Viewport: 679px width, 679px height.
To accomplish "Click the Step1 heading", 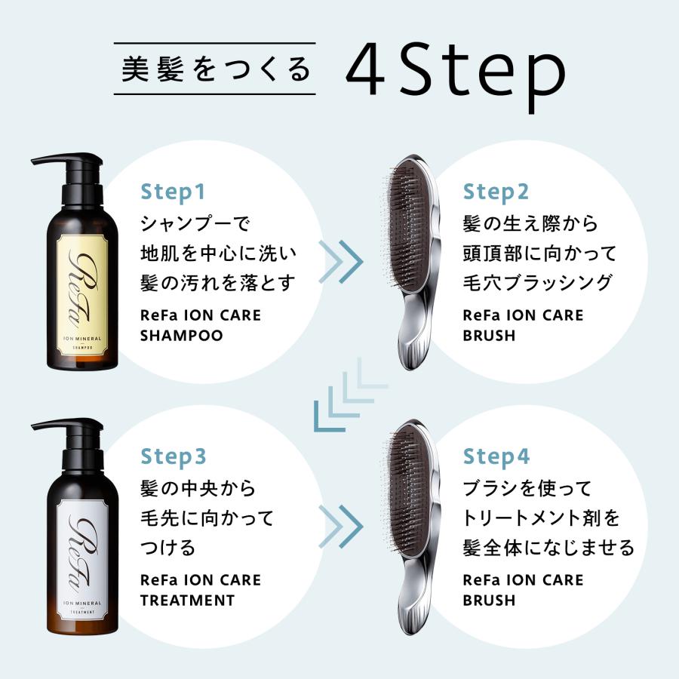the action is [172, 192].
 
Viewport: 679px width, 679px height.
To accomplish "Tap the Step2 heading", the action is [496, 192].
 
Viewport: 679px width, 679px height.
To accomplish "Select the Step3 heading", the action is [174, 456].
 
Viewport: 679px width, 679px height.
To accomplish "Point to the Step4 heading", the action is [496, 456].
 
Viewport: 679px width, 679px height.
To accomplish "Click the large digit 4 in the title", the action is [366, 69].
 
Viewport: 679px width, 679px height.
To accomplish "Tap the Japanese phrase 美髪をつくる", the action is [215, 69].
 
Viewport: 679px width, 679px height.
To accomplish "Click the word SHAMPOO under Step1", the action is [181, 336].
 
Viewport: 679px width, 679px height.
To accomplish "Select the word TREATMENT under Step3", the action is [188, 601].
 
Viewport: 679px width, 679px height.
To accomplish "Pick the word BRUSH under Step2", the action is [489, 336].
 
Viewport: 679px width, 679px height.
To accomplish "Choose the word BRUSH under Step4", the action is [489, 601].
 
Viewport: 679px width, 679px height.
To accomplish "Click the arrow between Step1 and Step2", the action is [341, 262].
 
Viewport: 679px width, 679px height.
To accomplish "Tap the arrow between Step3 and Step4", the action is [341, 527].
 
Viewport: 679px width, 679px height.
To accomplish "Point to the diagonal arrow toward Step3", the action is [351, 395].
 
